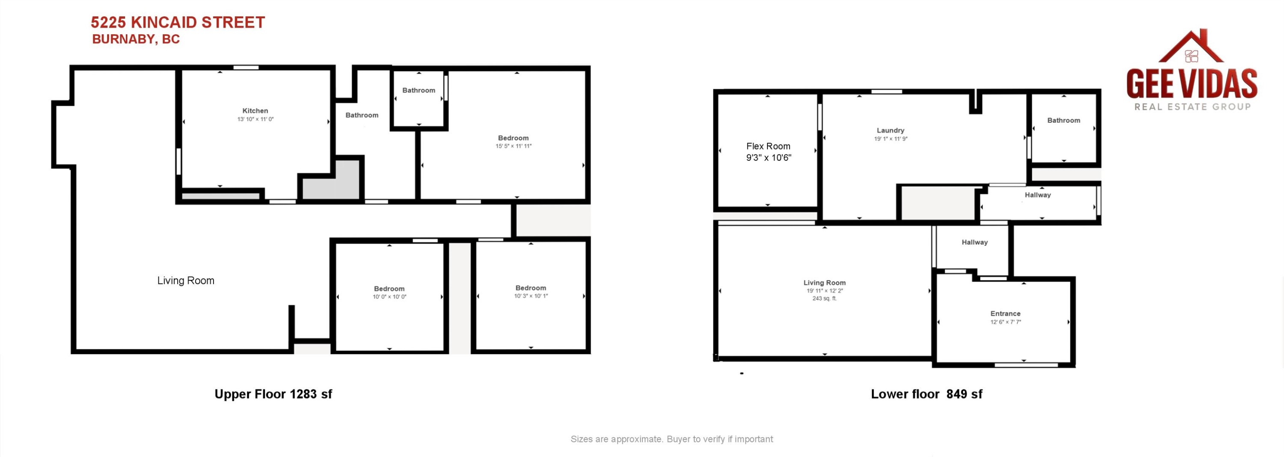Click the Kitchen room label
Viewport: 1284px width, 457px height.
tap(255, 111)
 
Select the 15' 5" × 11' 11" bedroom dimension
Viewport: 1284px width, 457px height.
tap(514, 146)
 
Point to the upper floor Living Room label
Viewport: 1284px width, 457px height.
tap(186, 281)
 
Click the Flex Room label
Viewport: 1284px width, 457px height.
tap(768, 146)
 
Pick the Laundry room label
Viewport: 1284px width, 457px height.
tap(891, 131)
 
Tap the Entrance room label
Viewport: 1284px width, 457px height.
tap(1005, 314)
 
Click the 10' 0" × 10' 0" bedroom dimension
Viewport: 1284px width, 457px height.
tap(389, 297)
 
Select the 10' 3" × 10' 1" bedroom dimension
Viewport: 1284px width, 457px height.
tap(531, 296)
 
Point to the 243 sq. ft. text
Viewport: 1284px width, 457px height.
tap(824, 299)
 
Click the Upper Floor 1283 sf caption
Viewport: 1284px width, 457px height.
tap(273, 394)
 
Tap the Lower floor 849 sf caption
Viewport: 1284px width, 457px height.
tap(927, 394)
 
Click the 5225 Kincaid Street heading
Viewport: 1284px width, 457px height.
tap(178, 22)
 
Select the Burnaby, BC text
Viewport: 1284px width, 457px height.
tap(136, 39)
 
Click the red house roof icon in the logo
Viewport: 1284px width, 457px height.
tap(1191, 47)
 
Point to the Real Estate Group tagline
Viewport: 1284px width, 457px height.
tap(1192, 107)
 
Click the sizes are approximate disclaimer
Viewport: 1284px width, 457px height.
tap(672, 439)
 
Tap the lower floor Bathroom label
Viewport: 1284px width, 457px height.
tap(1064, 121)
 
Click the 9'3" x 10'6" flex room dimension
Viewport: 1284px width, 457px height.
tap(769, 157)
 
